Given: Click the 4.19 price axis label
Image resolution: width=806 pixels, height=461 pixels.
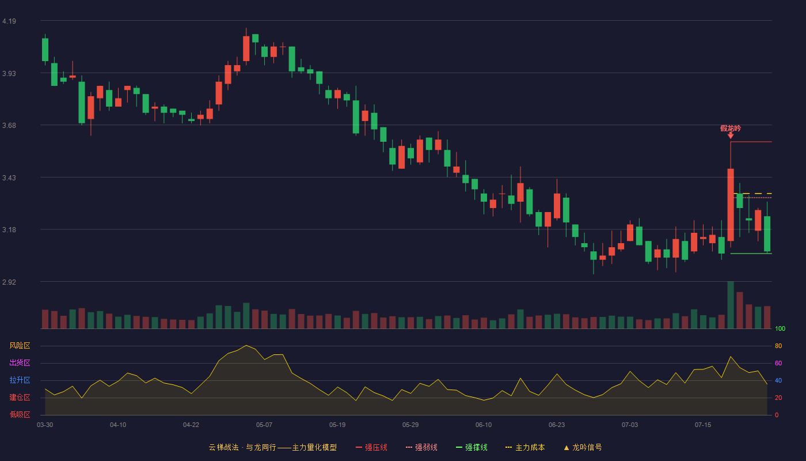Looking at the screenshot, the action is (9, 21).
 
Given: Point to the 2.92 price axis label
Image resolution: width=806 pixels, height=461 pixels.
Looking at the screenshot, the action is (9, 282).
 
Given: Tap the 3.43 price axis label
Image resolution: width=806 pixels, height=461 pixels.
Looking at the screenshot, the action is (9, 178).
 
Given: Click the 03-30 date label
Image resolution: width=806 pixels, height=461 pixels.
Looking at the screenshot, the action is (45, 425).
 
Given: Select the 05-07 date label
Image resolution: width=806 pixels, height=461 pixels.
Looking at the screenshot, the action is (264, 425).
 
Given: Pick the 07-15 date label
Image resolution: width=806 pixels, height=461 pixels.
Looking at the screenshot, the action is (703, 425).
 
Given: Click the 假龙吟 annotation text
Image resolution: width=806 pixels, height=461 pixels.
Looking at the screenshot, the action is (731, 128).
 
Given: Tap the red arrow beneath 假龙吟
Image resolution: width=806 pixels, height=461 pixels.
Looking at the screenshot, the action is (731, 136).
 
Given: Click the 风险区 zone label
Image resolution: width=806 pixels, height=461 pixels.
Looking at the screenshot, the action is (20, 346).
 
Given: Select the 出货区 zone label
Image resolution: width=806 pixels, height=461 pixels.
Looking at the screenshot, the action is (20, 362).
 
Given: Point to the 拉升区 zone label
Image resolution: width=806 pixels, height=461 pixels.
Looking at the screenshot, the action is (20, 380).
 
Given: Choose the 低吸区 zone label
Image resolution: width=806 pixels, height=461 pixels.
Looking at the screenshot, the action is (20, 414).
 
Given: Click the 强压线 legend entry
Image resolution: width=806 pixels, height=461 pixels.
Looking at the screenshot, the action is (371, 447).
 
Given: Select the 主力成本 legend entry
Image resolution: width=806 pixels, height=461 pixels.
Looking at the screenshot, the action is (525, 447).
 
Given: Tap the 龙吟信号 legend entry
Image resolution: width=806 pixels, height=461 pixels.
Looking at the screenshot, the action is (583, 447).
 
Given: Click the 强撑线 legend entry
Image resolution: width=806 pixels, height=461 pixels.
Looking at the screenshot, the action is (472, 447).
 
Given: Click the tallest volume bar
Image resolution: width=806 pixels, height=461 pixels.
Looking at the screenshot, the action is (731, 305).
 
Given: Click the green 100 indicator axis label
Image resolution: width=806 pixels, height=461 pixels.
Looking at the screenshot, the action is (780, 328).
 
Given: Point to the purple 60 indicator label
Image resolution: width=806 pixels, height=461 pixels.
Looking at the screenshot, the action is (778, 363).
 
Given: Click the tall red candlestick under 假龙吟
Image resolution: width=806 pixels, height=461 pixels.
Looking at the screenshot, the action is (731, 205).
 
